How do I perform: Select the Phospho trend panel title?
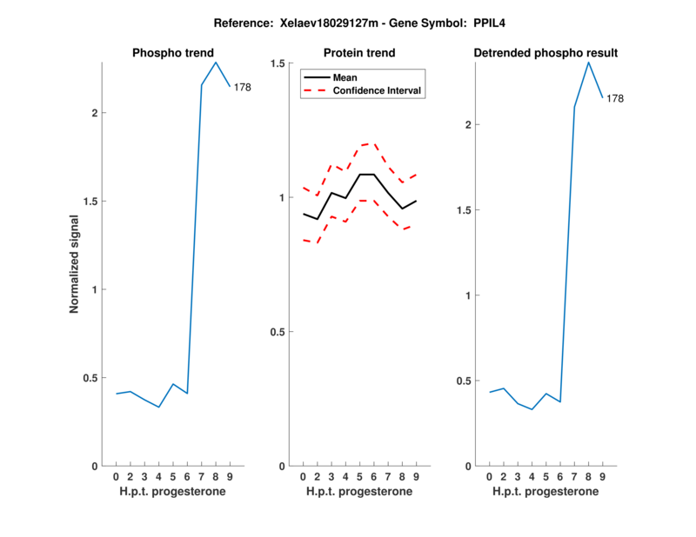171,53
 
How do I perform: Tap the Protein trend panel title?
358,53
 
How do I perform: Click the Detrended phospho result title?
545,53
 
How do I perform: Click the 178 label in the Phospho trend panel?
242,87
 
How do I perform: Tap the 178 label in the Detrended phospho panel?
615,99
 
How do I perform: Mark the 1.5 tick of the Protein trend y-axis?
278,63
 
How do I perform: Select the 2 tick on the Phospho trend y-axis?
95,113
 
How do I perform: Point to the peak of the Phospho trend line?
216,62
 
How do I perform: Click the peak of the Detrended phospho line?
588,62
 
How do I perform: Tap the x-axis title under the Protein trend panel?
358,492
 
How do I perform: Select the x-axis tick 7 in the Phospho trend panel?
201,477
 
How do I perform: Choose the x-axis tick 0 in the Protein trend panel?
303,477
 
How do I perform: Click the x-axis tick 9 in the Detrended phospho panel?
603,477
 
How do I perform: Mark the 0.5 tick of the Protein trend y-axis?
278,332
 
